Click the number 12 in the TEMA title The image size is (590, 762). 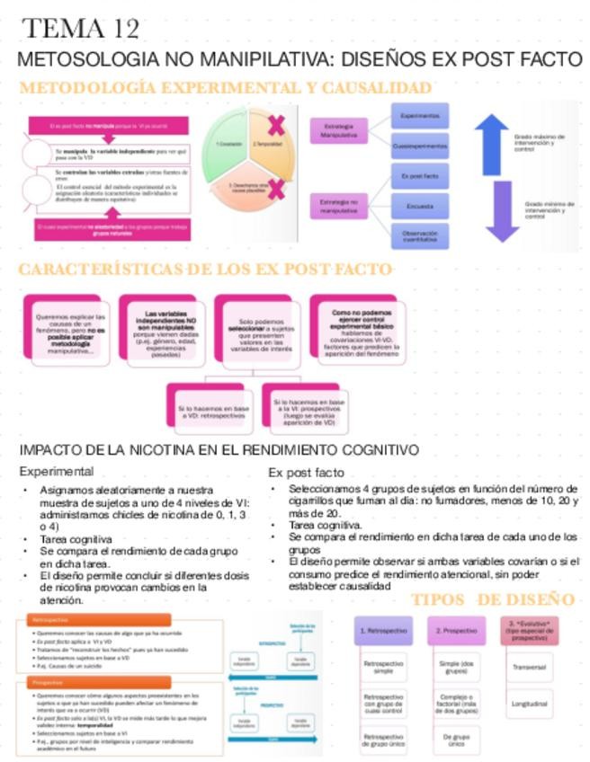tap(123, 29)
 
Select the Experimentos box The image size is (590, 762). tap(419, 117)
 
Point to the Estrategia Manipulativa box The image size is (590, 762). tap(338, 130)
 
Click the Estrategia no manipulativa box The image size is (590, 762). tap(338, 206)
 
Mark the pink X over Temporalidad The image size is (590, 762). tap(275, 125)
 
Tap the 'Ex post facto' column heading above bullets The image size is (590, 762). tap(306, 473)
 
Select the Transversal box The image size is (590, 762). tap(529, 668)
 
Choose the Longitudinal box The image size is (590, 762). tap(529, 704)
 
